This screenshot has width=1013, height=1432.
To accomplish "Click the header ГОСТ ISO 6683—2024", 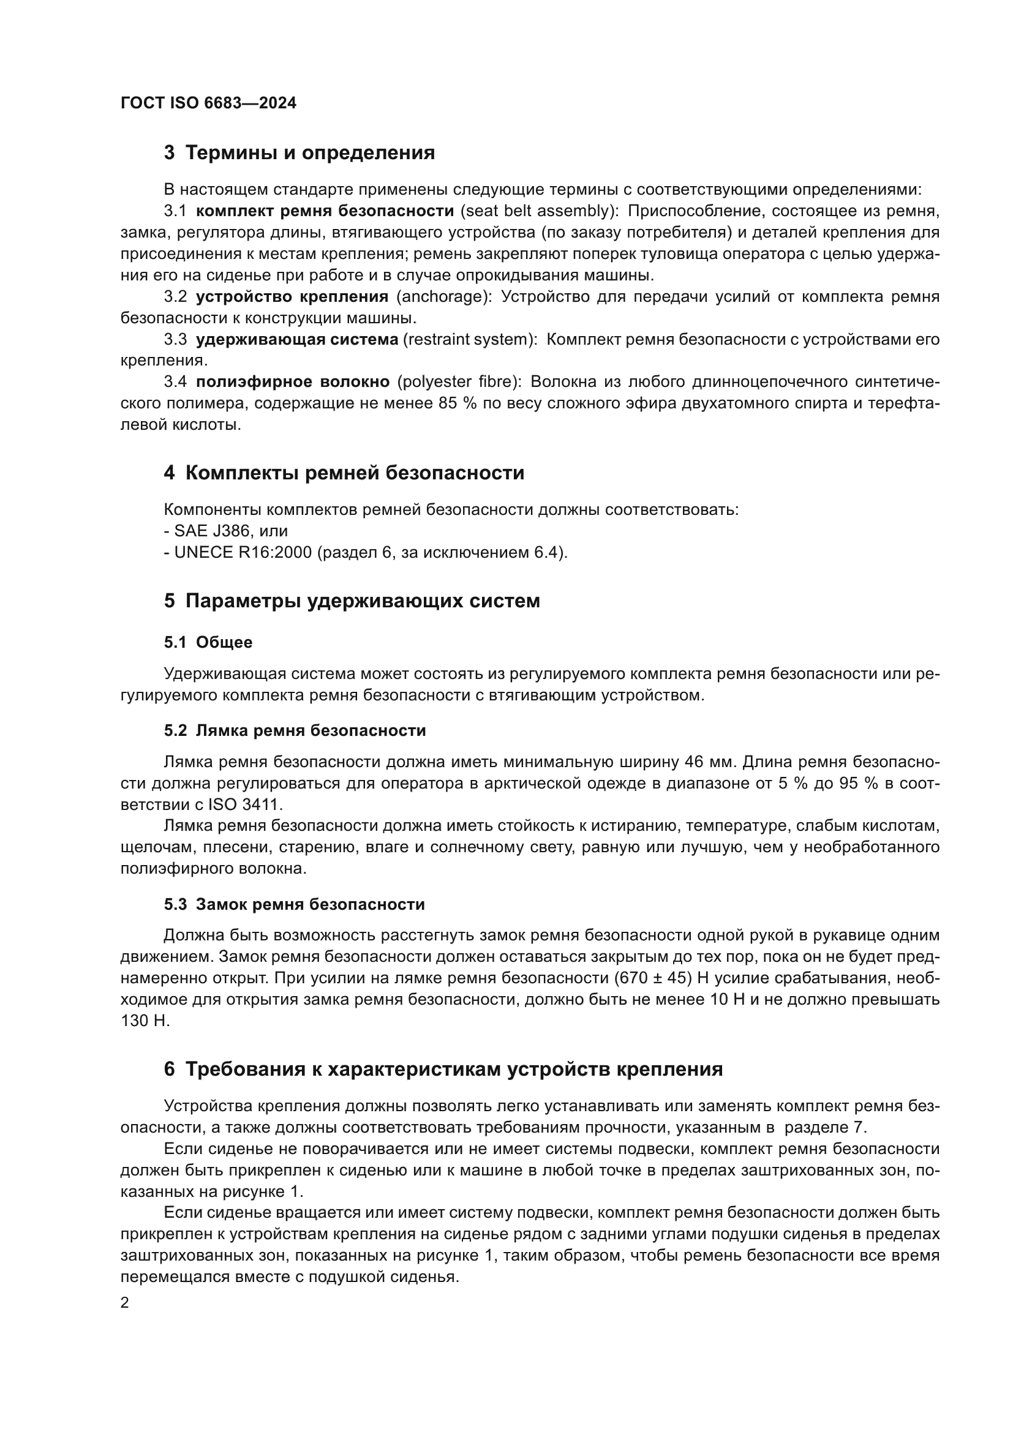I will [208, 103].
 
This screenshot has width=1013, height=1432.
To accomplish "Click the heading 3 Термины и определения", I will [299, 153].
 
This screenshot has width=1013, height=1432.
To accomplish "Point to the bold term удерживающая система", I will [297, 339].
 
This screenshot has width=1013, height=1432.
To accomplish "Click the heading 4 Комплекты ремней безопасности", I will [344, 473].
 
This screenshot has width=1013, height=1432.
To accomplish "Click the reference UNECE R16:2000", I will [243, 553].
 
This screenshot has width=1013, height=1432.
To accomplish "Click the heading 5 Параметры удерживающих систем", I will [352, 601].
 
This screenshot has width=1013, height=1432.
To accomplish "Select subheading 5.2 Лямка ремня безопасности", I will [295, 730].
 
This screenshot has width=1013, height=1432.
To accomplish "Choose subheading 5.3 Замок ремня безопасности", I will [295, 904].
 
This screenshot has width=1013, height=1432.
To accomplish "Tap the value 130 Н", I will [145, 1021].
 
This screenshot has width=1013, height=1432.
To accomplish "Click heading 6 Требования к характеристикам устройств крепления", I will [443, 1069].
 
